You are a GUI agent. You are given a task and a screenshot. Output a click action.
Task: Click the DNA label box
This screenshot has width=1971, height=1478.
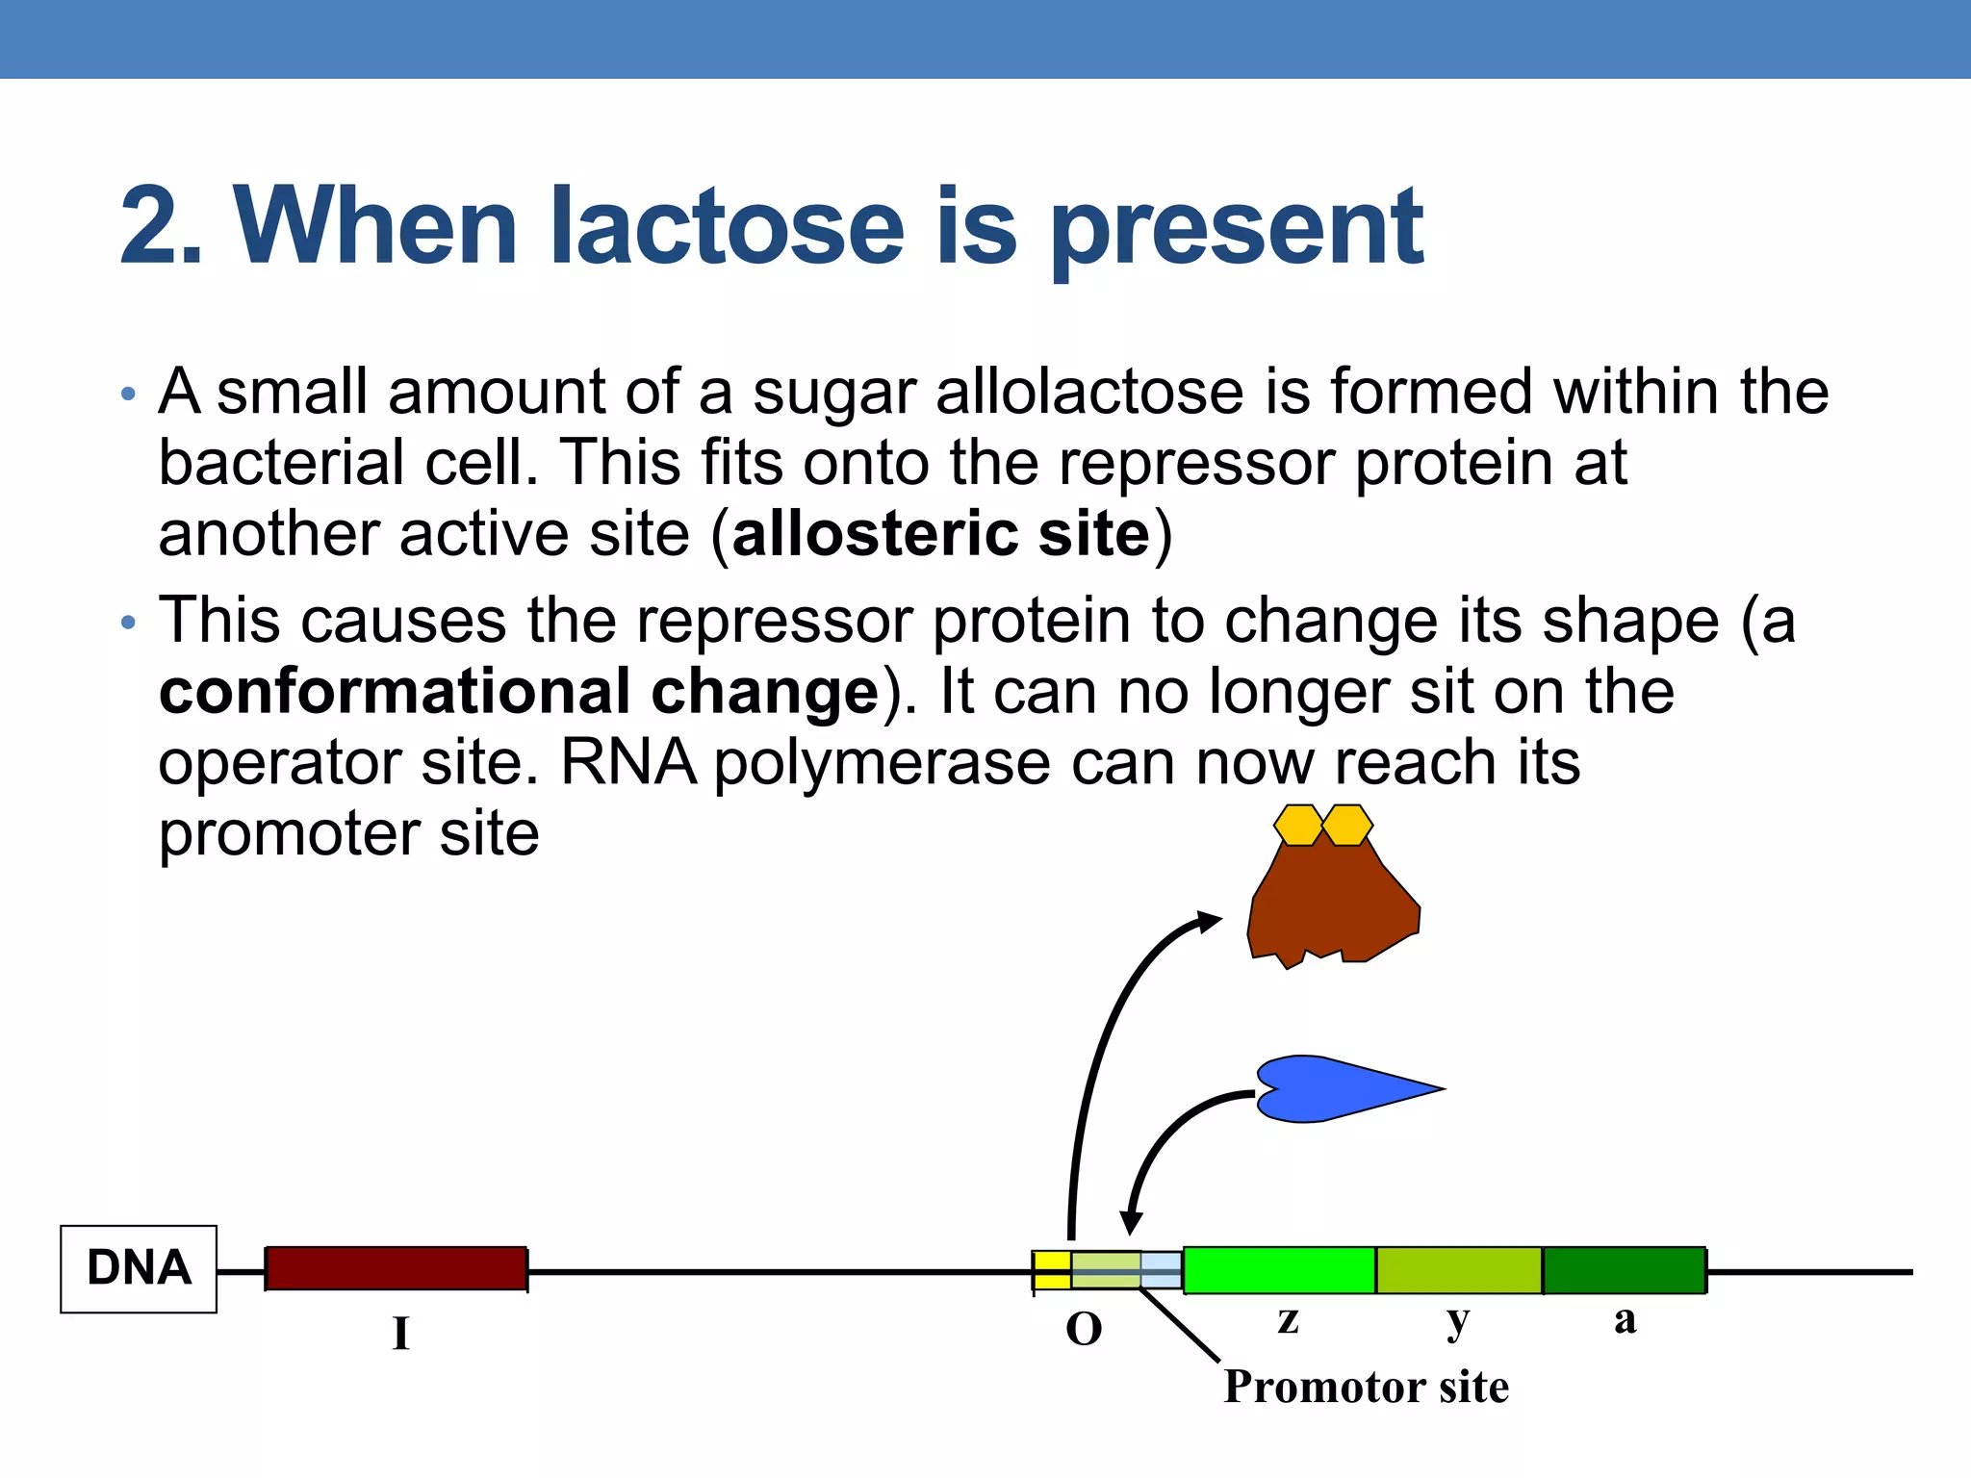139,1268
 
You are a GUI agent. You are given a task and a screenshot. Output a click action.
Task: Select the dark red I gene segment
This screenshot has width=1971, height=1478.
396,1268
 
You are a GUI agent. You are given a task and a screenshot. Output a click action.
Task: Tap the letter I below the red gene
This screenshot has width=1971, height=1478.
400,1334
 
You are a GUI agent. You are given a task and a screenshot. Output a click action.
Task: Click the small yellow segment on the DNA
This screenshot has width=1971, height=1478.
1052,1269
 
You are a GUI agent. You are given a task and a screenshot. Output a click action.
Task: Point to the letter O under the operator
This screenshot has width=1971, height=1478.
1084,1330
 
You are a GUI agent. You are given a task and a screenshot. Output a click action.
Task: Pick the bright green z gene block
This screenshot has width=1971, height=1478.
1279,1269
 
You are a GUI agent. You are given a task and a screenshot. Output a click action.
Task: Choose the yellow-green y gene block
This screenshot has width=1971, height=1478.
1459,1269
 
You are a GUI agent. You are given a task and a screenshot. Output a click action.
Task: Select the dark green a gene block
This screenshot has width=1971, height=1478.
1625,1269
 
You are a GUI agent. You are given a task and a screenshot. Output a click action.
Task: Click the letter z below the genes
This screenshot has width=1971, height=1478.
1289,1320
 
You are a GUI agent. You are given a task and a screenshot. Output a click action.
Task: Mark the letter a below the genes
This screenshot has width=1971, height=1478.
1625,1320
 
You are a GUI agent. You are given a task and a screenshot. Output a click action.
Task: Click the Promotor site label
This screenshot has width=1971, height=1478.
1366,1387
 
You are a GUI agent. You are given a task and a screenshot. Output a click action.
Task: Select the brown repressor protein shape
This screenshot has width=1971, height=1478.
1333,905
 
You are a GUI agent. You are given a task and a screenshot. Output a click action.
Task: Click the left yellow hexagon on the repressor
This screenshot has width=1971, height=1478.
1298,825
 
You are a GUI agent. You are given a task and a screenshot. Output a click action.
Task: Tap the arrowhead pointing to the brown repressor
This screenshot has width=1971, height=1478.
1209,921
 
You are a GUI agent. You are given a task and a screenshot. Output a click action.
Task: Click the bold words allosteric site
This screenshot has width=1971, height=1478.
941,534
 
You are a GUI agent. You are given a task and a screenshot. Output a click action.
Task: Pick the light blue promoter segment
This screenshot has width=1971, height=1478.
1162,1269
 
